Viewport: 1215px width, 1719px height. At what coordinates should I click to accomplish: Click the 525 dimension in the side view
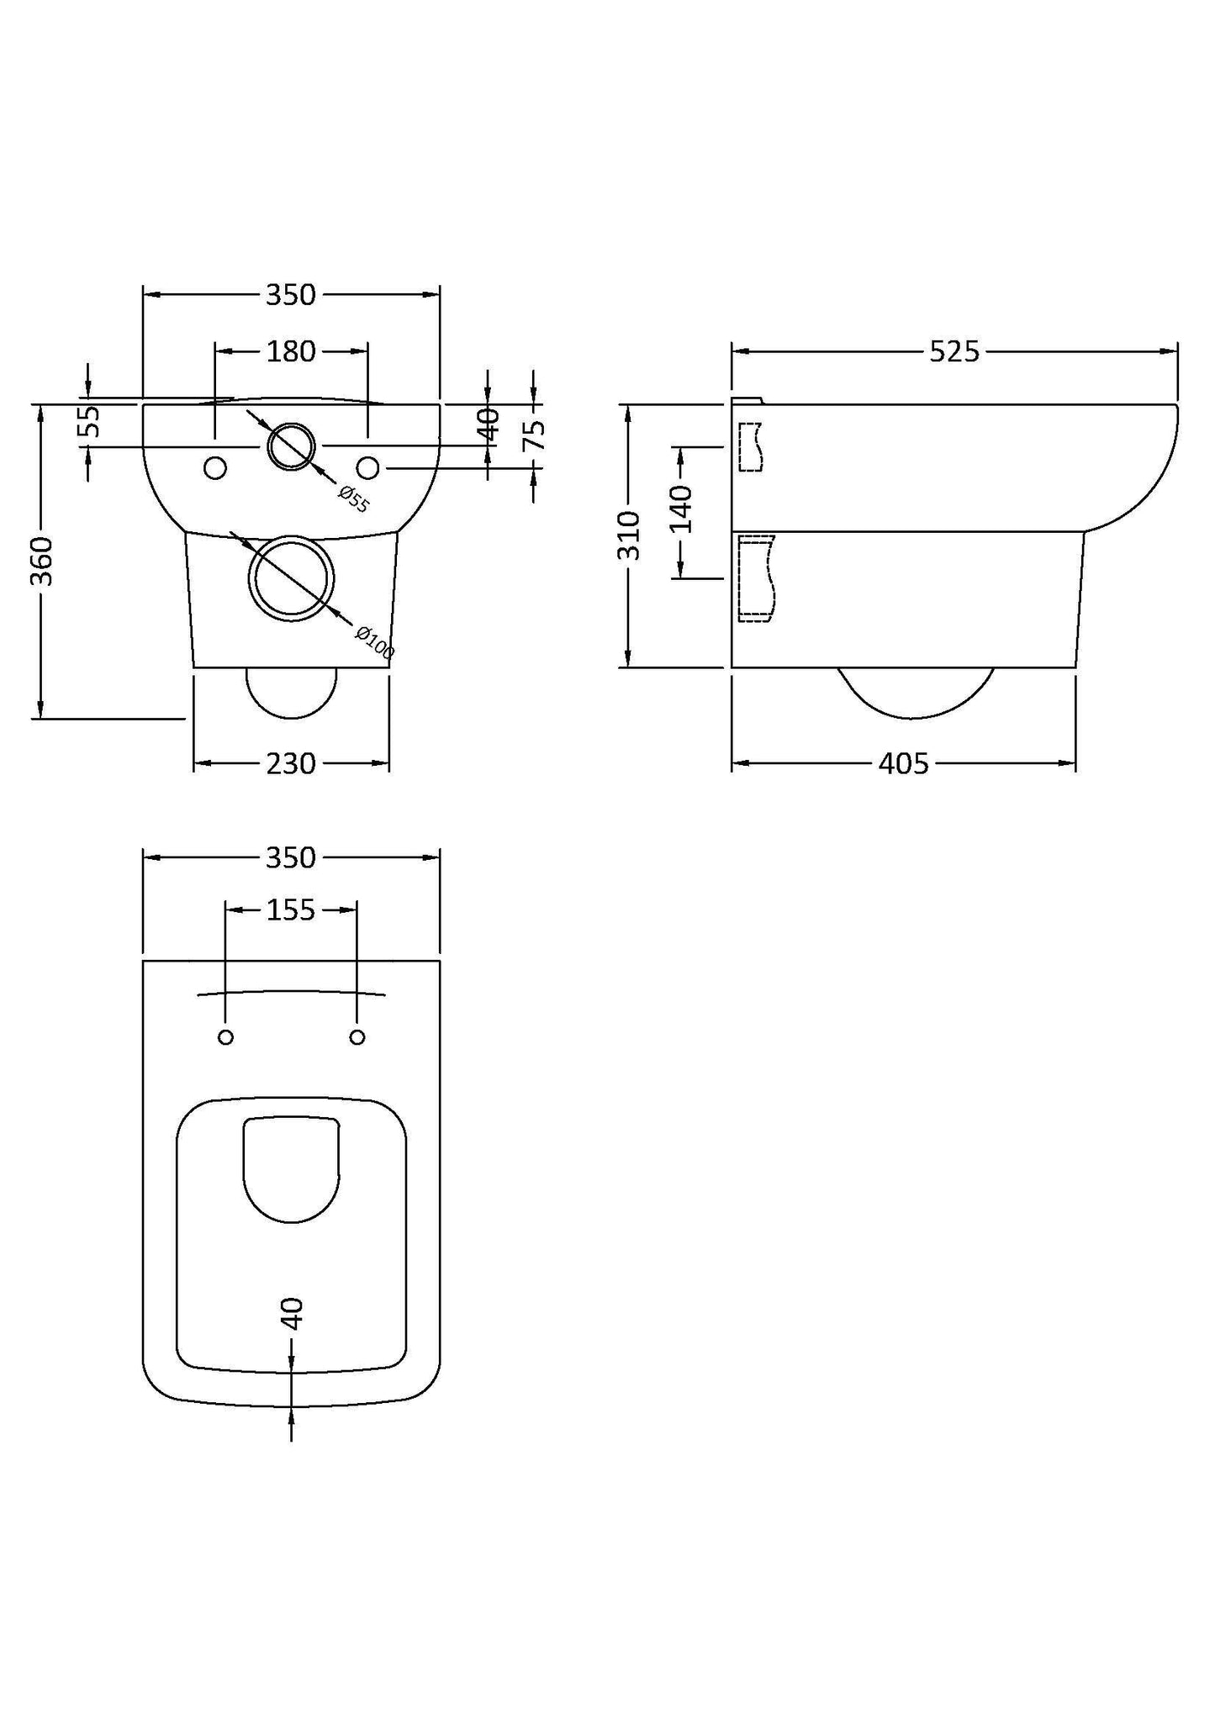[x=954, y=351]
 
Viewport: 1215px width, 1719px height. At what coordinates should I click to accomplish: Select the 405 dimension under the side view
[x=903, y=763]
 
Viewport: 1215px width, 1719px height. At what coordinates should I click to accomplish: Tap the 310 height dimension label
[x=629, y=535]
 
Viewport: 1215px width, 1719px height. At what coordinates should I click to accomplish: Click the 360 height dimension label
[x=41, y=561]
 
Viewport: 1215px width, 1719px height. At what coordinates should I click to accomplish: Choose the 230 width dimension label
[x=291, y=763]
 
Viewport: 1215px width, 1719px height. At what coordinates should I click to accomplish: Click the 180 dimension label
[x=291, y=351]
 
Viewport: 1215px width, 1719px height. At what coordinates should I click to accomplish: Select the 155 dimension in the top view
[x=291, y=910]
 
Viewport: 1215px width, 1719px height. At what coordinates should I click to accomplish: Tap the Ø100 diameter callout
[x=374, y=642]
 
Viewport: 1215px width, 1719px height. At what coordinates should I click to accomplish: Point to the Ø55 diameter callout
[x=354, y=498]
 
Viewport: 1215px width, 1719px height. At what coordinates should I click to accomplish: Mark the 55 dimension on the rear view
[x=89, y=422]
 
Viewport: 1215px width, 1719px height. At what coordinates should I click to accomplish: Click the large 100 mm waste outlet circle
[x=291, y=579]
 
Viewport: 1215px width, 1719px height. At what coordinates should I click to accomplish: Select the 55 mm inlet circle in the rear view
[x=291, y=446]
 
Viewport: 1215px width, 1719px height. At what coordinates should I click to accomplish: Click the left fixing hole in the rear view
[x=215, y=467]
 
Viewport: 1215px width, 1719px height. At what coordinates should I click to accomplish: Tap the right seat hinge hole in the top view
[x=357, y=1037]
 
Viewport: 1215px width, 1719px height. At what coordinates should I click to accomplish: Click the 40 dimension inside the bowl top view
[x=291, y=1313]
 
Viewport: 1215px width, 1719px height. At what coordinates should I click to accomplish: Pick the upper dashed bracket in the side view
[x=750, y=446]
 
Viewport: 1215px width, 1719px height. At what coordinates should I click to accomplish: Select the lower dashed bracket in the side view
[x=754, y=579]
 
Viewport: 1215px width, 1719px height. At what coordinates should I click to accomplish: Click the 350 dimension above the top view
[x=291, y=857]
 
